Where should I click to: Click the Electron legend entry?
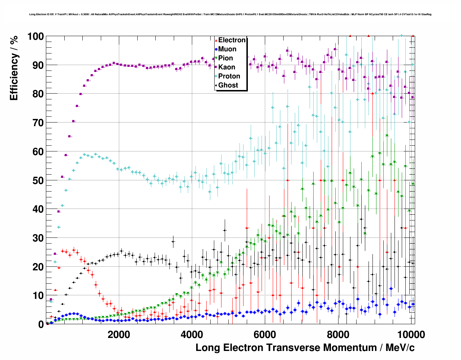(232, 40)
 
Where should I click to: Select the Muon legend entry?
(227, 49)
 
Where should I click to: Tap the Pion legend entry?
(225, 58)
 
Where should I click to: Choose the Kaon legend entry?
(227, 67)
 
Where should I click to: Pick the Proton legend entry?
(229, 76)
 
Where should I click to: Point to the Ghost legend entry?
(228, 85)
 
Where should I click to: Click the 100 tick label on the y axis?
(35, 37)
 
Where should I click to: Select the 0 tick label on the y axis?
(41, 325)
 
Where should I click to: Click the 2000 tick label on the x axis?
(119, 335)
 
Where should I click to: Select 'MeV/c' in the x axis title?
(400, 348)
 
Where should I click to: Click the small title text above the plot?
(230, 14)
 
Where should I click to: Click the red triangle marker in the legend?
(216, 40)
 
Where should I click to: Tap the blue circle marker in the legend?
(216, 49)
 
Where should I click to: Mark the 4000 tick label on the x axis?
(191, 335)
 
